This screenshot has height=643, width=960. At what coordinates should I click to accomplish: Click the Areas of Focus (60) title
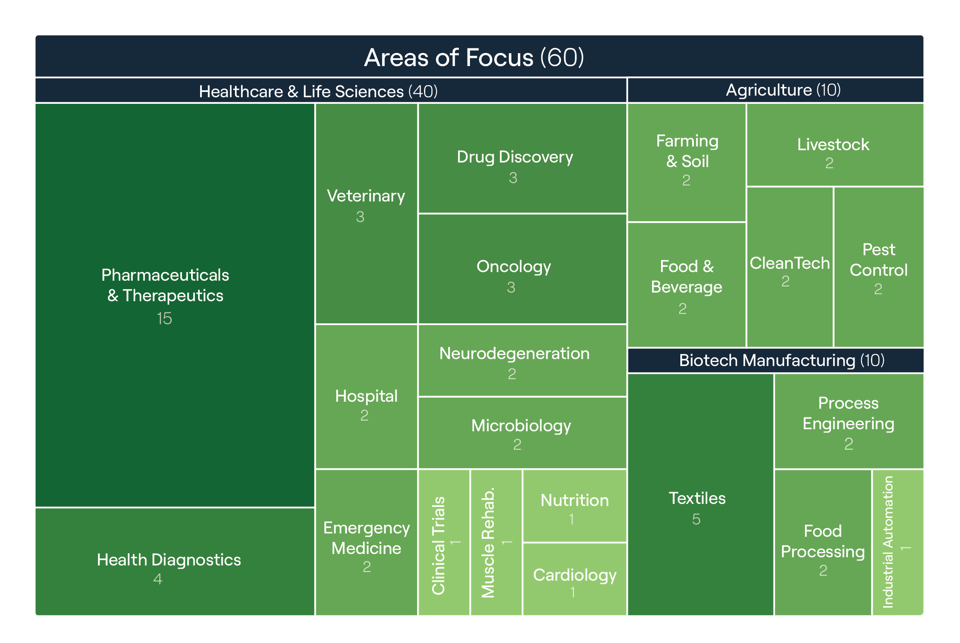tap(474, 57)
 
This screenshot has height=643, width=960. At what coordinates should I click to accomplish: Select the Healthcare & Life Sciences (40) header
tap(318, 91)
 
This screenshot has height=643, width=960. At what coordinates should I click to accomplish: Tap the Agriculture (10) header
tap(783, 90)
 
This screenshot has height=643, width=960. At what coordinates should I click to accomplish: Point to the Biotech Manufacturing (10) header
tap(782, 360)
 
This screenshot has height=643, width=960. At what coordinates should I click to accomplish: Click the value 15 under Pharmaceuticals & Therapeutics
tap(164, 318)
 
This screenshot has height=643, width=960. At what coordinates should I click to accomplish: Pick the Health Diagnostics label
tap(169, 560)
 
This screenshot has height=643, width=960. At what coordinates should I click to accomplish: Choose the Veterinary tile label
tap(366, 196)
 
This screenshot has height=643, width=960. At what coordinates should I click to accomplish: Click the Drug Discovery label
tap(515, 157)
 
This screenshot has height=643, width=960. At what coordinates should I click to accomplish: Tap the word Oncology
tap(514, 266)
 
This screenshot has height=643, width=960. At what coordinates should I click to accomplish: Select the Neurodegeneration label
tap(514, 353)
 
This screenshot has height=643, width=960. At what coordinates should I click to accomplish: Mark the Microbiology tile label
tap(521, 426)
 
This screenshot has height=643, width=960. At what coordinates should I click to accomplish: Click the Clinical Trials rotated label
tap(438, 545)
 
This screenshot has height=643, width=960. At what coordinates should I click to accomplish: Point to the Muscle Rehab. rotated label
tap(488, 542)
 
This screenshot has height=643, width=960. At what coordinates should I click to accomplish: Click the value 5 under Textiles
tap(696, 519)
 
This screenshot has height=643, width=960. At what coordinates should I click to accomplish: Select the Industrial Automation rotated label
tap(888, 542)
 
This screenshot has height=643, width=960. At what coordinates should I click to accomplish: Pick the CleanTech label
tap(790, 263)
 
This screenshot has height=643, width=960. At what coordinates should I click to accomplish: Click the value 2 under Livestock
tap(829, 163)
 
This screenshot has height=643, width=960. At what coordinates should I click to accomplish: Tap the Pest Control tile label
tap(878, 260)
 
